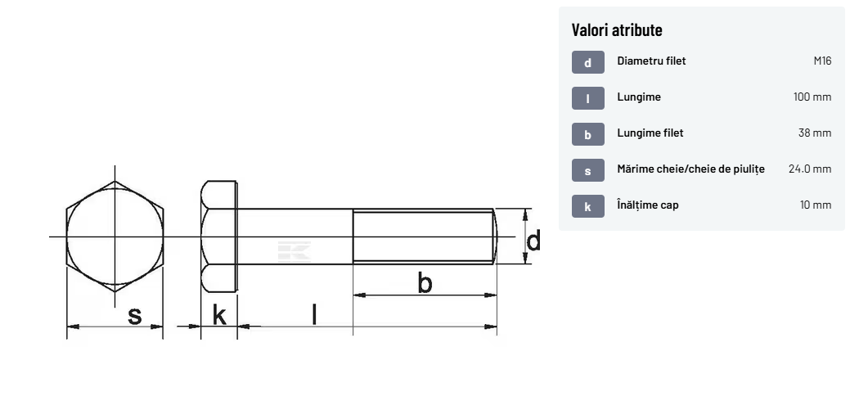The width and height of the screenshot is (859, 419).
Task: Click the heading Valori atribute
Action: click(x=616, y=29)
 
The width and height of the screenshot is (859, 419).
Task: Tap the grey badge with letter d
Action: click(x=588, y=62)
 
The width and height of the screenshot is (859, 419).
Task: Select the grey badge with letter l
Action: click(x=588, y=98)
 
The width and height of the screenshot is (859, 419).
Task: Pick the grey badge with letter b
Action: click(x=588, y=134)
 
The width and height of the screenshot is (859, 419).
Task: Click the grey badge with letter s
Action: click(x=588, y=170)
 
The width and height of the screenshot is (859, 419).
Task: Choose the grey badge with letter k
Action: click(x=588, y=206)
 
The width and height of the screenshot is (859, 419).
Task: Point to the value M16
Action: click(x=822, y=61)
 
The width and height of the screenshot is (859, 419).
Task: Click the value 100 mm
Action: click(x=812, y=97)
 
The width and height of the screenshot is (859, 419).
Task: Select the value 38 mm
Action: click(x=815, y=133)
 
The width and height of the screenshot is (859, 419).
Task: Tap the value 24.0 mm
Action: click(x=810, y=169)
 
